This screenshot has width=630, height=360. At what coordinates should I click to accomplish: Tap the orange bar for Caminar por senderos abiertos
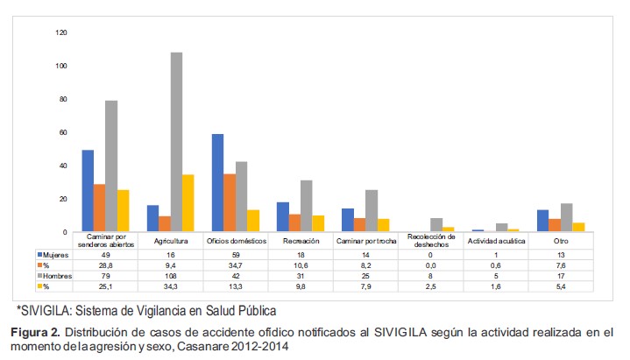(x=100, y=208)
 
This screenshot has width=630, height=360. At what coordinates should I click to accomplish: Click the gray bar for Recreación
(x=306, y=206)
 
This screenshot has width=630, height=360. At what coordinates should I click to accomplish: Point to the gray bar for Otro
(x=566, y=217)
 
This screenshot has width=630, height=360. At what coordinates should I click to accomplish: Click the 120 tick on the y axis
(x=60, y=32)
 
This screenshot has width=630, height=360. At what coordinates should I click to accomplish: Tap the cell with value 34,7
(x=229, y=264)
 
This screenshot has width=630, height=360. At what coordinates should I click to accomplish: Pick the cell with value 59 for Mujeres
(x=229, y=253)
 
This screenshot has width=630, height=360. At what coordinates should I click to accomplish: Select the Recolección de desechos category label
(x=433, y=240)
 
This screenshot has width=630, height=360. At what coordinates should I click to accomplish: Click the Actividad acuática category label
(x=497, y=240)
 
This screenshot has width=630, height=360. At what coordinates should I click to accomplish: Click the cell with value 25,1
(x=104, y=286)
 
